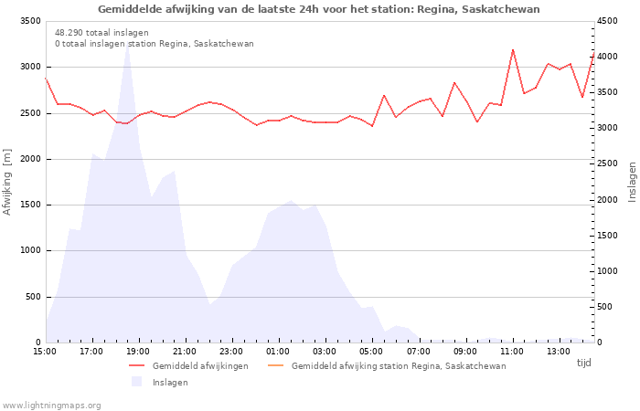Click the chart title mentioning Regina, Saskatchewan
coord(319,9)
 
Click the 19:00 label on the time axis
coord(138,352)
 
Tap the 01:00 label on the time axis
coord(278,352)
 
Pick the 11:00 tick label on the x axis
coord(511,352)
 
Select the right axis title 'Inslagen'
coord(631,181)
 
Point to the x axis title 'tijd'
coord(584,363)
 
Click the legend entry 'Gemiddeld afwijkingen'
coord(200,366)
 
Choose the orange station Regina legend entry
coord(399,366)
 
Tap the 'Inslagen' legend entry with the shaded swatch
coord(170,382)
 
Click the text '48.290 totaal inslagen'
coord(101,32)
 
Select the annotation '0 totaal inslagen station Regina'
coord(154,43)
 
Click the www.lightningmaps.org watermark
coord(51,405)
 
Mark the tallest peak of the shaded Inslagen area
coord(127,43)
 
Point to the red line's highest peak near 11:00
coord(513,49)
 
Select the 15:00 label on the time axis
coord(45,352)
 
